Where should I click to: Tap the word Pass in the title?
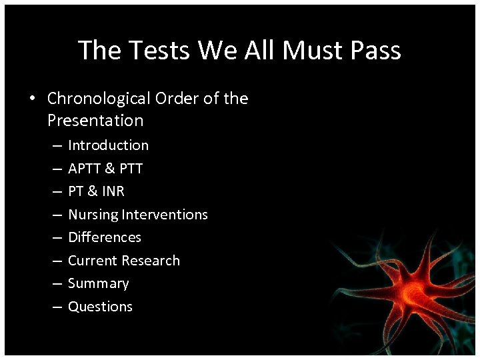374,51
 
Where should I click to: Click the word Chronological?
99,99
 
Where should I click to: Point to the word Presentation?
95,121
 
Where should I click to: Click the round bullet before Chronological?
32,99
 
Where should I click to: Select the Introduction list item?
108,145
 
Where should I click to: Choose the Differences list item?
105,237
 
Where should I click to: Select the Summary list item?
99,283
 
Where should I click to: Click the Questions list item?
100,307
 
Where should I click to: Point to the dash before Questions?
56,307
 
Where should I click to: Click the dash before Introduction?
56,145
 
